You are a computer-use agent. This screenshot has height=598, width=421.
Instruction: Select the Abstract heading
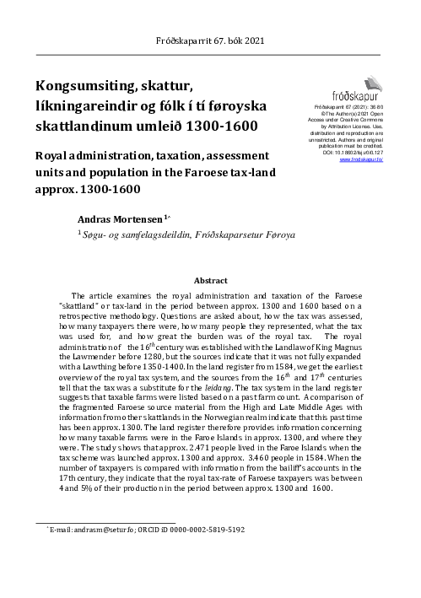pyautogui.click(x=210, y=279)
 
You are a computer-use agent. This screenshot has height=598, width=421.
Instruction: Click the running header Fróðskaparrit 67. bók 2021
pyautogui.click(x=210, y=40)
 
